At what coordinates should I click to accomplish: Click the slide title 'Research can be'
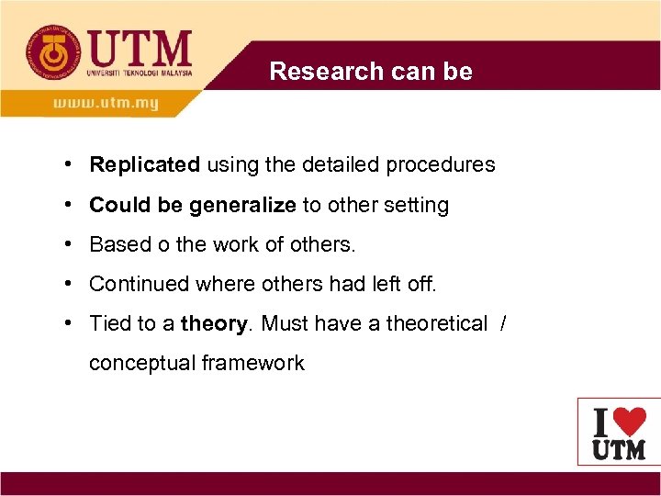coord(371,72)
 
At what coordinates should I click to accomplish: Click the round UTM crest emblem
coord(53,52)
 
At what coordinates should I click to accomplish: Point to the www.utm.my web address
coord(106,103)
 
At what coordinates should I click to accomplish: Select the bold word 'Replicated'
coord(144,165)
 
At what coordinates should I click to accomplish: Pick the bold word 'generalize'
coord(242,205)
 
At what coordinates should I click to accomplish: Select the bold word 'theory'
coord(215,323)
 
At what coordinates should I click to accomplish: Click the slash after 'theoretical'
coord(501,323)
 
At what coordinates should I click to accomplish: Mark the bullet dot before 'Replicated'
coord(70,165)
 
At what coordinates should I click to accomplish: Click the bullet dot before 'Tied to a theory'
coord(70,323)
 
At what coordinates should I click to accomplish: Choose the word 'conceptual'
coord(142,363)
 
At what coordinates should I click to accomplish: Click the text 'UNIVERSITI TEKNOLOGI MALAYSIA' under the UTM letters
coord(140,73)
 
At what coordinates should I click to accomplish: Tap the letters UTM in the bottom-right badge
coord(619,449)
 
